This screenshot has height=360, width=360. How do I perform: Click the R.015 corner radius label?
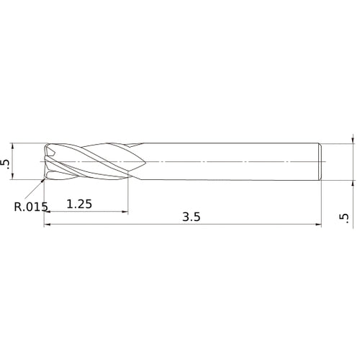coord(30,208)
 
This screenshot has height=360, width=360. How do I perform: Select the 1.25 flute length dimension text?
coord(79,204)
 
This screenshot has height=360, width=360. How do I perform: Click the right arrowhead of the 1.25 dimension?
coord(126,212)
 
